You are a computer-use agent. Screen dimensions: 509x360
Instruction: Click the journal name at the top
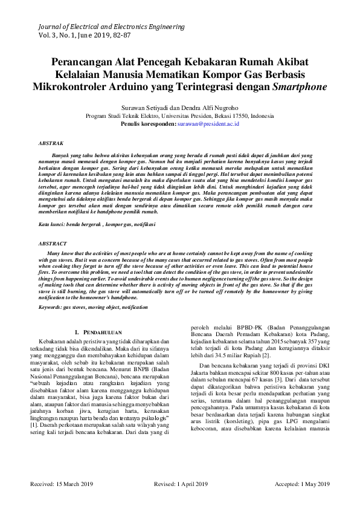[111, 27]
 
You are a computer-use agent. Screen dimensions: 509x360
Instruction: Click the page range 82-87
[136, 36]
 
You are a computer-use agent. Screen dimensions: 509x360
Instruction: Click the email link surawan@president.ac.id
[208, 123]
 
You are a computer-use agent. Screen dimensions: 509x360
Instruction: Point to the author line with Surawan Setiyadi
[180, 106]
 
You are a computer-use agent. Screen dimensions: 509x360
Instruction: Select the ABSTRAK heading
[51, 145]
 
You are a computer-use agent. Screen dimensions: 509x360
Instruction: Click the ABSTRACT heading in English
[52, 243]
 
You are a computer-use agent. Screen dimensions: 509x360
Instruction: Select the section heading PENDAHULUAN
[102, 332]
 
